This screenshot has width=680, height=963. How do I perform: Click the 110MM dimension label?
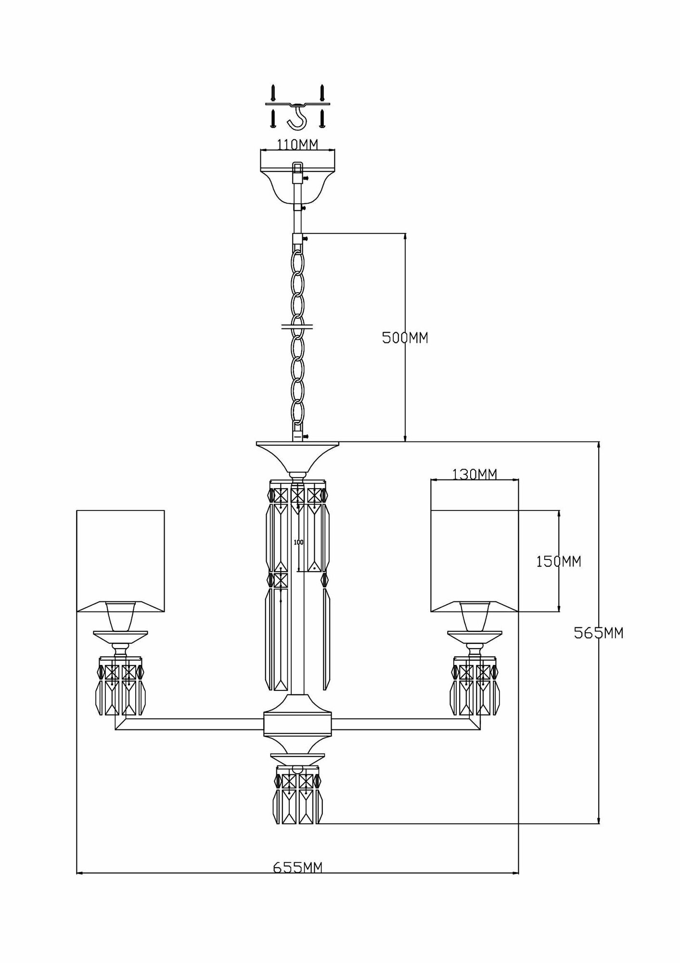[x=297, y=144]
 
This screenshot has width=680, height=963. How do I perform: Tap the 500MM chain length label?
[x=405, y=338]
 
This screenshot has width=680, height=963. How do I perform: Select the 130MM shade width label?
[x=475, y=474]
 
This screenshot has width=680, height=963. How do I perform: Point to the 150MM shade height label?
[x=559, y=561]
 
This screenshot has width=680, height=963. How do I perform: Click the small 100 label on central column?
[x=298, y=542]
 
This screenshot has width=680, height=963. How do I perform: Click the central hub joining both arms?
[x=298, y=731]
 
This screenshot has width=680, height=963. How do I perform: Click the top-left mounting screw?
[x=273, y=91]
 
